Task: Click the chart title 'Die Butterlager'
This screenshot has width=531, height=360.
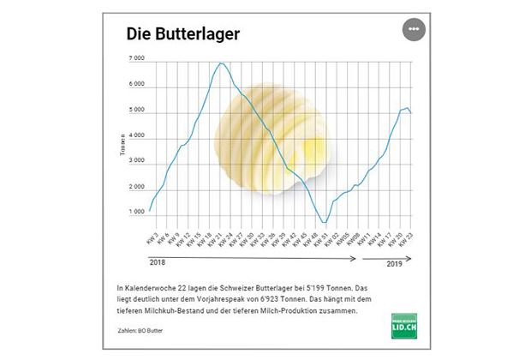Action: click(182, 33)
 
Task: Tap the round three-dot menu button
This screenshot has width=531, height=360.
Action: click(414, 28)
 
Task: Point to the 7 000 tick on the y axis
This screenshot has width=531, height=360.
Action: click(137, 58)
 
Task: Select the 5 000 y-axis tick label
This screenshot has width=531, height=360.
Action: click(137, 110)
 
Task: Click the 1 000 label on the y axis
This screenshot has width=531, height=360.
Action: click(137, 212)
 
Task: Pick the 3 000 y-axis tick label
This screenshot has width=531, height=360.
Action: click(137, 161)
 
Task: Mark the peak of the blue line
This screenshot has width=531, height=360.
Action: click(223, 63)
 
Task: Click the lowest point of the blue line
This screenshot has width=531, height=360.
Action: click(323, 223)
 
